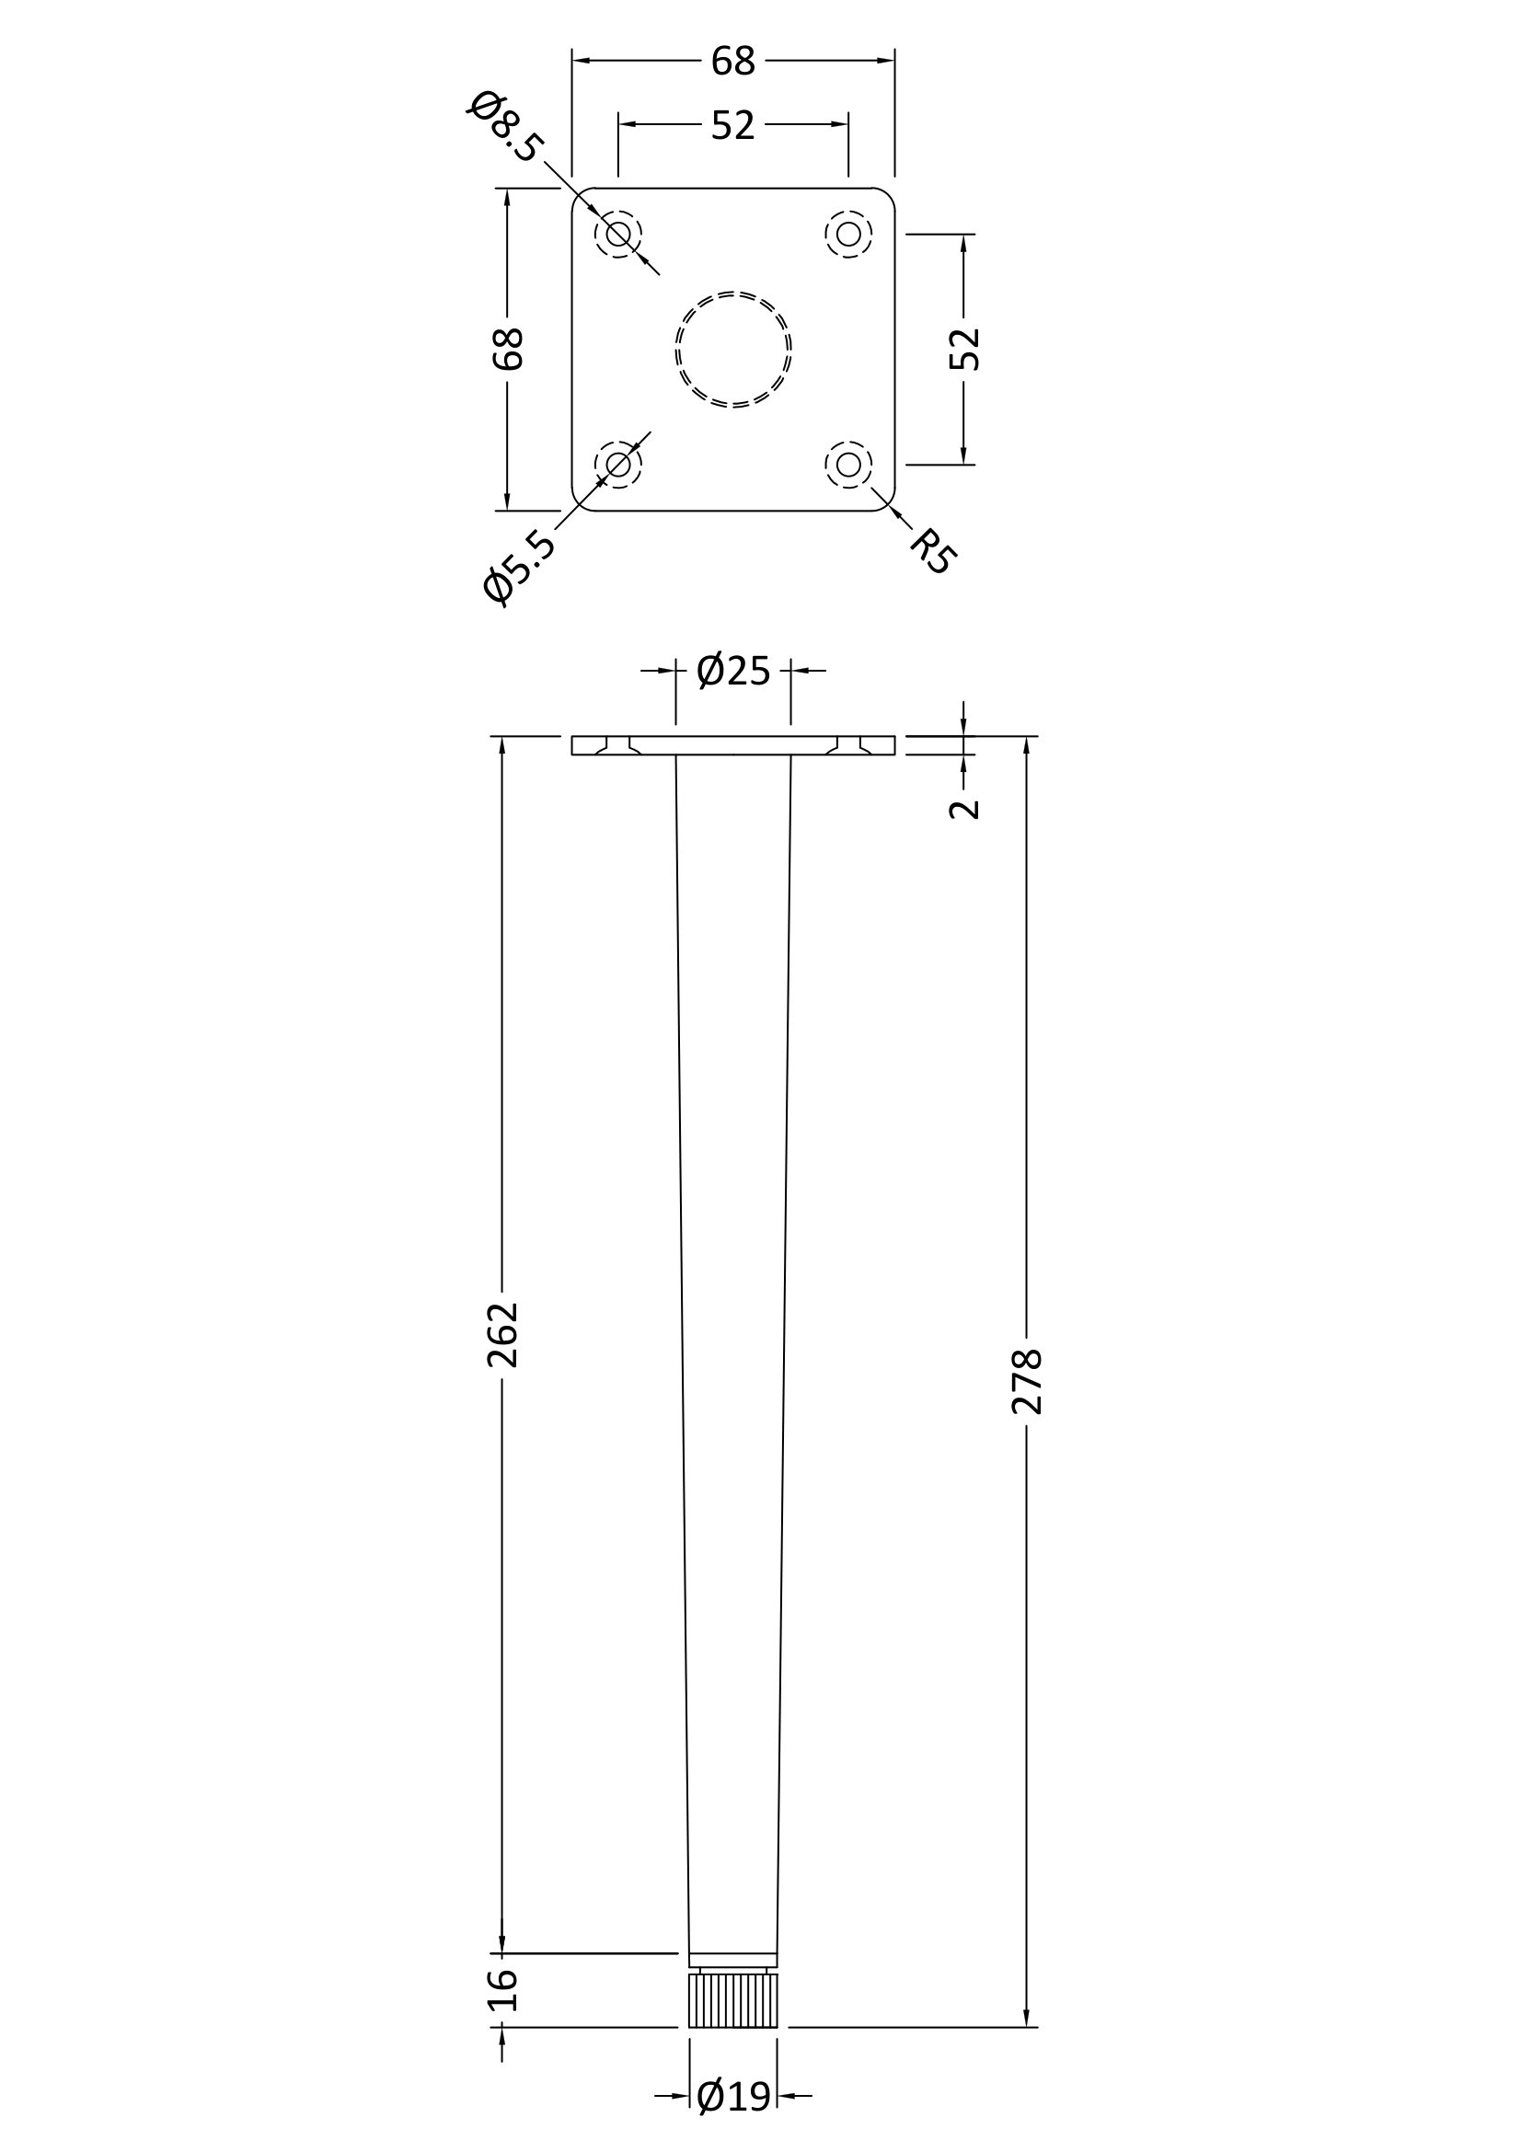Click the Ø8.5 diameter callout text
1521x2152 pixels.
click(x=504, y=127)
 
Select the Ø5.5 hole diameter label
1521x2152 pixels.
click(x=518, y=566)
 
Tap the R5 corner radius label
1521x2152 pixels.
click(x=933, y=551)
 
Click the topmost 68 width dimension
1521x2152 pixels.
click(x=732, y=62)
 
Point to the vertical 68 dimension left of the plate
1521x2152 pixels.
click(x=508, y=350)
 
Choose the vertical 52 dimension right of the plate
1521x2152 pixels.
click(x=964, y=350)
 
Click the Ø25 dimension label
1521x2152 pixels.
click(x=732, y=671)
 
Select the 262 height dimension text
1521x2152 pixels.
click(x=503, y=1334)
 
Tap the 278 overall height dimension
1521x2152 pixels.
click(x=1027, y=1381)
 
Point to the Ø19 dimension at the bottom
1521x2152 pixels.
click(x=733, y=2097)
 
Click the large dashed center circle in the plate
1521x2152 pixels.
click(x=732, y=350)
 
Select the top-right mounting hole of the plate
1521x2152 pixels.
click(x=848, y=235)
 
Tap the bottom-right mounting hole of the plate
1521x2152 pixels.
click(x=848, y=464)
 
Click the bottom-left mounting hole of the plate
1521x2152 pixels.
click(x=618, y=464)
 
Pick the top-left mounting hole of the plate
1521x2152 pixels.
click(x=618, y=235)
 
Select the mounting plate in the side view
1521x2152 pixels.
click(x=732, y=746)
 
